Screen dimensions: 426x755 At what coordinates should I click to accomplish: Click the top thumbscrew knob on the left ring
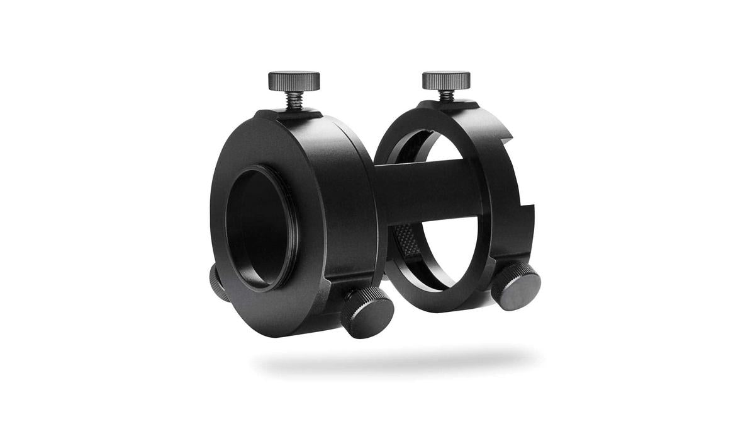pos(294,80)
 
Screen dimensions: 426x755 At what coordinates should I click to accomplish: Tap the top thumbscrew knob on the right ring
pos(446,79)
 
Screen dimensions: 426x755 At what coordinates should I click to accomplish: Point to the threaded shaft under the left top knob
pos(294,100)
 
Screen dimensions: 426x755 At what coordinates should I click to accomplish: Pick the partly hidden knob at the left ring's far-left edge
pos(216,280)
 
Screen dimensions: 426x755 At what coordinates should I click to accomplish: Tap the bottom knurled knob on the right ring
pos(516,287)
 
